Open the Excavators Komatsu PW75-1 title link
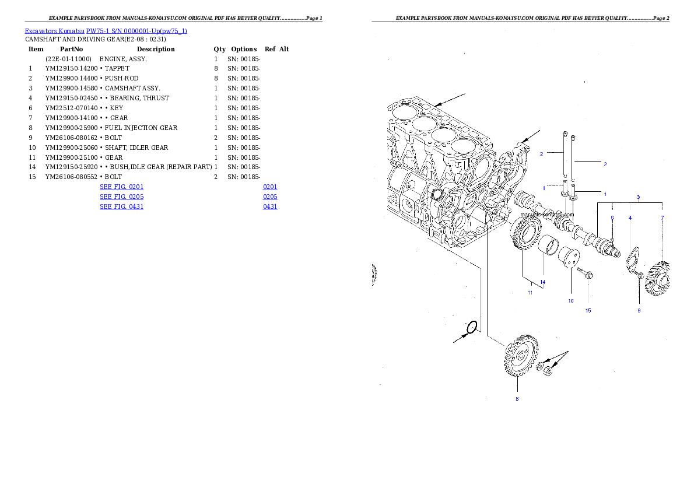[x=106, y=31]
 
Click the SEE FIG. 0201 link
[x=121, y=187]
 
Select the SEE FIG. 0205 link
[x=121, y=197]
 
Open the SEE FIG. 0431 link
[x=121, y=206]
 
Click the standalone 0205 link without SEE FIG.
[x=270, y=197]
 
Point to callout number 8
[x=517, y=399]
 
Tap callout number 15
[x=588, y=310]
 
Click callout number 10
[x=570, y=300]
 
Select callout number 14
[x=542, y=282]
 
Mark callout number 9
[x=639, y=310]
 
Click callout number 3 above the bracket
[x=638, y=197]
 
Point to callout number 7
[x=662, y=218]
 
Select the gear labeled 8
[x=517, y=356]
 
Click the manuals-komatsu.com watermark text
[x=548, y=214]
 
